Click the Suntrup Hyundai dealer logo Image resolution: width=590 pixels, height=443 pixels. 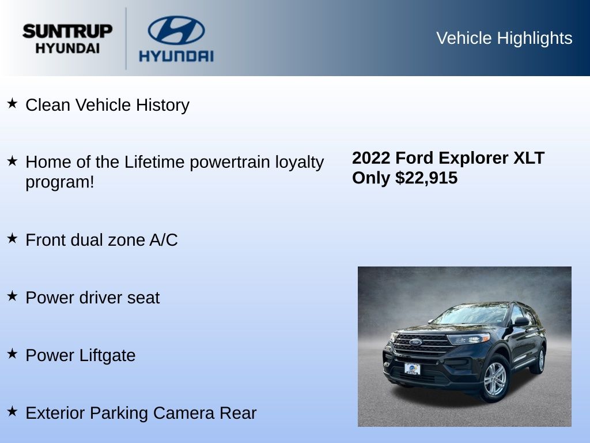click(67, 39)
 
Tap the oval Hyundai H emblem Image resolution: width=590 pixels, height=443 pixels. click(176, 30)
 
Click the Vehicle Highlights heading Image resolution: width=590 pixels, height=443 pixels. click(504, 38)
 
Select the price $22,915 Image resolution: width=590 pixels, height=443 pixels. click(426, 178)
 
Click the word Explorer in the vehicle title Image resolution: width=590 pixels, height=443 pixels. click(474, 158)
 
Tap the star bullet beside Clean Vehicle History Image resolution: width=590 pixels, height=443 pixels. click(12, 103)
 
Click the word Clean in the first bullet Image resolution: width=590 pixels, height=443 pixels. click(48, 105)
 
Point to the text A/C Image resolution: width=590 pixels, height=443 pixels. click(164, 240)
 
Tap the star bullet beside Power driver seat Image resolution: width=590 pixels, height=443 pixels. click(12, 296)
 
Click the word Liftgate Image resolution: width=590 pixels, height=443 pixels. click(107, 355)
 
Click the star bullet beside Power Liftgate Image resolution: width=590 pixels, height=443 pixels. click(12, 354)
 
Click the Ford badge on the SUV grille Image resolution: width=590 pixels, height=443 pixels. click(415, 342)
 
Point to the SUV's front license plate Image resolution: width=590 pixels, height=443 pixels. click(413, 369)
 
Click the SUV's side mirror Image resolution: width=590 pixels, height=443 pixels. click(521, 321)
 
